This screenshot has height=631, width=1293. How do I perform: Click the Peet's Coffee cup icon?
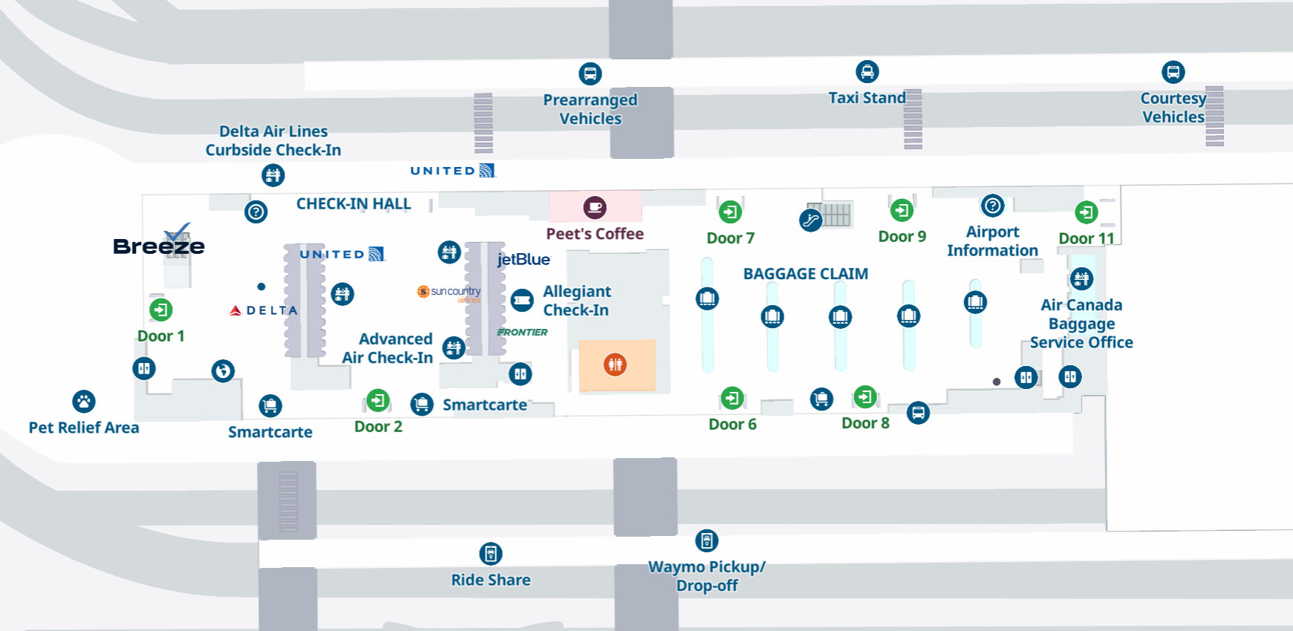595,208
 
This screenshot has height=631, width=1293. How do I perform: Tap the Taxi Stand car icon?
867,71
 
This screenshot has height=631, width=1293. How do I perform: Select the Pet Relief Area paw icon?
84,402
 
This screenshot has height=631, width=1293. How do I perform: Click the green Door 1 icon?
161,310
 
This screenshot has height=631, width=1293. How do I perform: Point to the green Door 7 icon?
731,212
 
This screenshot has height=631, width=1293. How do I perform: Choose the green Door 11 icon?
1087,213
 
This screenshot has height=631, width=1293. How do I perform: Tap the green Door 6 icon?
732,399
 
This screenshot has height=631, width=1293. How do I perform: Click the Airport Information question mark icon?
993,206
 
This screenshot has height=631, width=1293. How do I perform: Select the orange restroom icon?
615,364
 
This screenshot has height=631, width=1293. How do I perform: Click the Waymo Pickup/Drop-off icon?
707,540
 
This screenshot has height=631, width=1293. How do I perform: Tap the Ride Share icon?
491,554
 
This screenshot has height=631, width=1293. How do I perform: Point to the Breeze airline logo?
159,242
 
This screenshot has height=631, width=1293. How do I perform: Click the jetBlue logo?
524,259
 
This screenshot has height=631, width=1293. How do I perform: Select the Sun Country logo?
449,292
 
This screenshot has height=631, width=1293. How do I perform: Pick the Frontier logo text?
522,332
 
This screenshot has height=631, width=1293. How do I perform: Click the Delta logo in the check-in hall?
264,310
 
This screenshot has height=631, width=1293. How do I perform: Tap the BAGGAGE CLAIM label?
806,274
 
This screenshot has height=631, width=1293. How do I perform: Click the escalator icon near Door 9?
810,220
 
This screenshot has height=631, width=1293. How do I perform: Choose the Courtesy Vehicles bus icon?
1173,72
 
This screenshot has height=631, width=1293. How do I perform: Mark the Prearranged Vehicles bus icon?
590,73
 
